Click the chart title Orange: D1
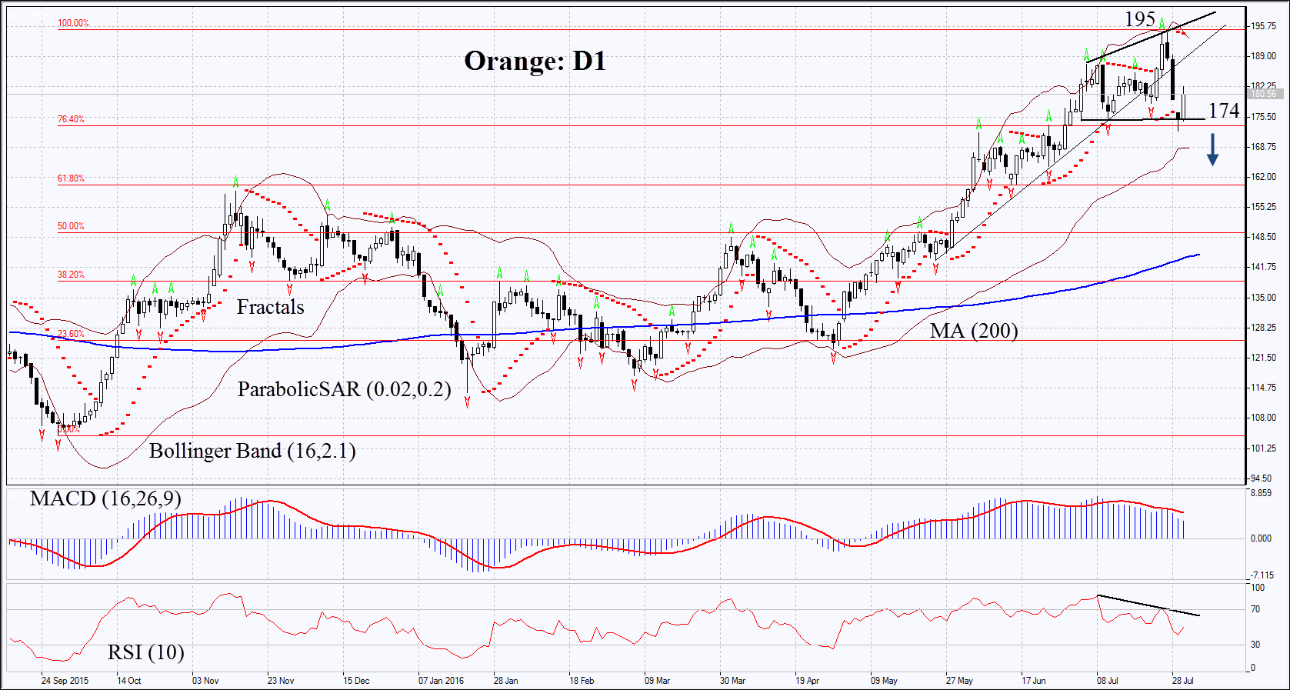[x=535, y=61]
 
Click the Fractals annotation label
[x=270, y=307]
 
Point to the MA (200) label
[x=973, y=331]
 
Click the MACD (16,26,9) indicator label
[x=105, y=498]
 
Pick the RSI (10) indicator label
[x=145, y=652]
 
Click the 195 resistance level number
[x=1139, y=18]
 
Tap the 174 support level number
[x=1223, y=111]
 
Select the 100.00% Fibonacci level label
[x=73, y=23]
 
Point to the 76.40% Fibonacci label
[x=71, y=119]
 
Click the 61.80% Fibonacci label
[x=71, y=178]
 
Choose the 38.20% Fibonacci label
[x=71, y=275]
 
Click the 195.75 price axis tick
[x=1263, y=26]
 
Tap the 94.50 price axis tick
[x=1262, y=478]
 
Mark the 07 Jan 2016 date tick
[x=441, y=681]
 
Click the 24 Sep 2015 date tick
[x=65, y=681]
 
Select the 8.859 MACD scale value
[x=1261, y=493]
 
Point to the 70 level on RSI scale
[x=1255, y=609]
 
